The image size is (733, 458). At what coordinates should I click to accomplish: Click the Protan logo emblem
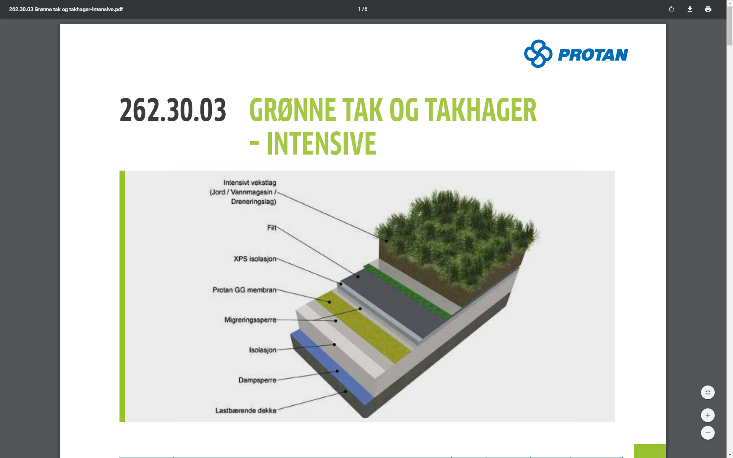[538, 54]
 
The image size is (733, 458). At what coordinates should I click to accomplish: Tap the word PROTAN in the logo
[593, 55]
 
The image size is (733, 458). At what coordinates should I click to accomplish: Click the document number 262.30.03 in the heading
[173, 110]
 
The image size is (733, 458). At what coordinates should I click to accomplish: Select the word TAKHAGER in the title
[481, 110]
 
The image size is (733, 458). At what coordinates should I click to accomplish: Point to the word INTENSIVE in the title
[321, 143]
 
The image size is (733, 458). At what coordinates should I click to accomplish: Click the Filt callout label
[271, 228]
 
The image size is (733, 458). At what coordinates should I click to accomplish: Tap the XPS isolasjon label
[255, 259]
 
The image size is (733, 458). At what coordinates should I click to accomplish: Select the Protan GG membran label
[244, 290]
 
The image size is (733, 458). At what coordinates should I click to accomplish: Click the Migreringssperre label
[250, 320]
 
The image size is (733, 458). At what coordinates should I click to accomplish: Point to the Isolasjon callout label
[263, 350]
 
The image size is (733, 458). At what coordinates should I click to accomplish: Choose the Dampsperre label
[257, 380]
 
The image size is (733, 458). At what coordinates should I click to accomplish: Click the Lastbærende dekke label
[245, 411]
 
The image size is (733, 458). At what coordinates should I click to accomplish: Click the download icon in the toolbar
[690, 9]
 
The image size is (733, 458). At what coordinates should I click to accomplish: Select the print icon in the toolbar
[708, 9]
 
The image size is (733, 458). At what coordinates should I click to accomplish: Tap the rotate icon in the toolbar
[672, 9]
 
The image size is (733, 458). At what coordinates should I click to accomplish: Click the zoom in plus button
[708, 415]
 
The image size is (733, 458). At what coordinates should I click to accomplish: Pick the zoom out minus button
[708, 433]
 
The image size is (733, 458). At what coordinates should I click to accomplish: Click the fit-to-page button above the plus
[708, 392]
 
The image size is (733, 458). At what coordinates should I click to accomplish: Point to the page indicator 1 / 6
[363, 9]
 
